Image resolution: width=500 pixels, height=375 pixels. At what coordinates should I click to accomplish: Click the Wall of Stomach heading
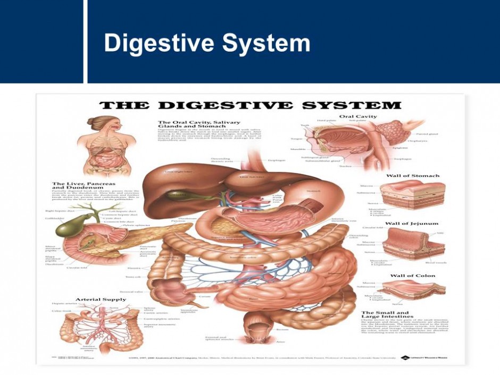pos(413,176)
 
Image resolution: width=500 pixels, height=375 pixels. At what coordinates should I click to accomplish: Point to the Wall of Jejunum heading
pos(412,223)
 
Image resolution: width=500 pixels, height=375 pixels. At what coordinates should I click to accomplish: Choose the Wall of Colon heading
pos(413,276)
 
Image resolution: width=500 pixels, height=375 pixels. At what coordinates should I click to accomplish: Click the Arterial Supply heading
pos(101,299)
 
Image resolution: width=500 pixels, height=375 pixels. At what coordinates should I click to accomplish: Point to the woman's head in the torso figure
pos(96,124)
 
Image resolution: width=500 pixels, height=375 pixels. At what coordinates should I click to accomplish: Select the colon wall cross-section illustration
pos(415,290)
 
